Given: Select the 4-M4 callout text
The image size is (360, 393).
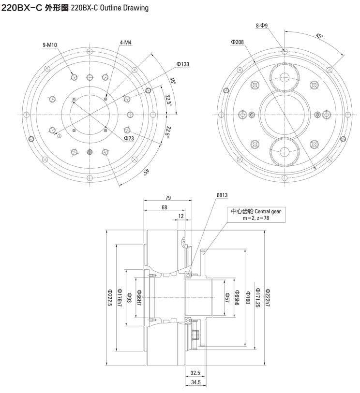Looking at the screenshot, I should coord(126,43).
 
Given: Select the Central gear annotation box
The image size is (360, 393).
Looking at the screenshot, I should coord(255,215).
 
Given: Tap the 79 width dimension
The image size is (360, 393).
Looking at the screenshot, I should coord(168,198).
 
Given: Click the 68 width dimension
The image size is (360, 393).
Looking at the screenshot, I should coord(165,207).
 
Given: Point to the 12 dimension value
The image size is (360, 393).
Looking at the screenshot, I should coord(180,216).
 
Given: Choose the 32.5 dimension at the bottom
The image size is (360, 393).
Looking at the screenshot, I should coord(195,373).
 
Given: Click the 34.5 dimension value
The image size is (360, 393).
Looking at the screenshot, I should coord(195,382).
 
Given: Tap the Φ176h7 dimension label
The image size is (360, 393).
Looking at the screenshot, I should coord(120,297).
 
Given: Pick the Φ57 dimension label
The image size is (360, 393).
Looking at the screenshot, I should coord(227,297).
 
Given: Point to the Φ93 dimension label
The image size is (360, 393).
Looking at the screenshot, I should coord(129,297).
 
